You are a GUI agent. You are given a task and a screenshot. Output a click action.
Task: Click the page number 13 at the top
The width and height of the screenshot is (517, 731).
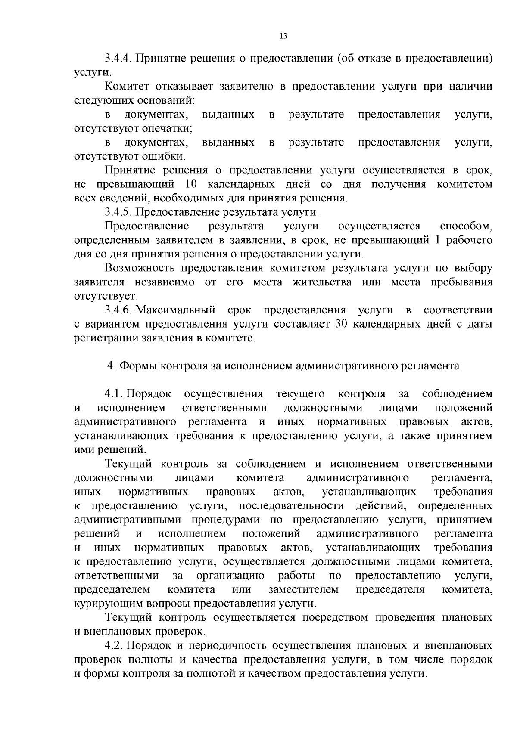point(283,36)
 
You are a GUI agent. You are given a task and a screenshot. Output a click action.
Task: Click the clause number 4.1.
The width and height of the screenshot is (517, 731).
point(114,393)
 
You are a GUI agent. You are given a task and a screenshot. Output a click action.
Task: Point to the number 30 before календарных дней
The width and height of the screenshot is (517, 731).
point(341,324)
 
